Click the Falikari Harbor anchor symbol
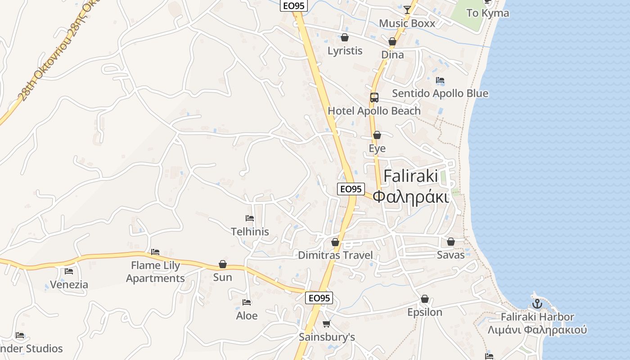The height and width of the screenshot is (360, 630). tap(537, 304)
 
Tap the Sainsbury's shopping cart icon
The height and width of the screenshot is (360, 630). tap(327, 324)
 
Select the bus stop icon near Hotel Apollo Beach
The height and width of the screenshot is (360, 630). tap(374, 97)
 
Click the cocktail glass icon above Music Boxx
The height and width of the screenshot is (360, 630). tap(407, 9)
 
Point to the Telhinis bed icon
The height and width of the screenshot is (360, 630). tap(250, 218)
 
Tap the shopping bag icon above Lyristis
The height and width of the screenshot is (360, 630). tap(345, 37)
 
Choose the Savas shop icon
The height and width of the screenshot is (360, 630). tap(451, 242)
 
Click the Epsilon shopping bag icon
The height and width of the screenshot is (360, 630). tap(424, 299)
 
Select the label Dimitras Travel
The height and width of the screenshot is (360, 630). tap(335, 255)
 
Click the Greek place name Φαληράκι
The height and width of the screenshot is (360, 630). tap(411, 197)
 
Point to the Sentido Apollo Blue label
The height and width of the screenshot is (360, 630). tap(440, 94)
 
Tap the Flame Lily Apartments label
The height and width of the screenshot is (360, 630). tap(155, 272)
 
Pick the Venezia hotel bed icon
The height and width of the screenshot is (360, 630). tap(69, 271)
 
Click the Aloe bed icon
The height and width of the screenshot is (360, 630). tap(247, 302)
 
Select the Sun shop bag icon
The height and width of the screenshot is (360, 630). tap(222, 264)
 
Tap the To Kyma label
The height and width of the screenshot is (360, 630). tap(488, 13)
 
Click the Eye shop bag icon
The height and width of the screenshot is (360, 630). tap(377, 135)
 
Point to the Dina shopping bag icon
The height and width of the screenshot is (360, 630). tap(392, 41)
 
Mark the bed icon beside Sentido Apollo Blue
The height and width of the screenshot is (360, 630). tap(440, 80)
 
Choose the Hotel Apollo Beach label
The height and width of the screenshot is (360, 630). tap(374, 111)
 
